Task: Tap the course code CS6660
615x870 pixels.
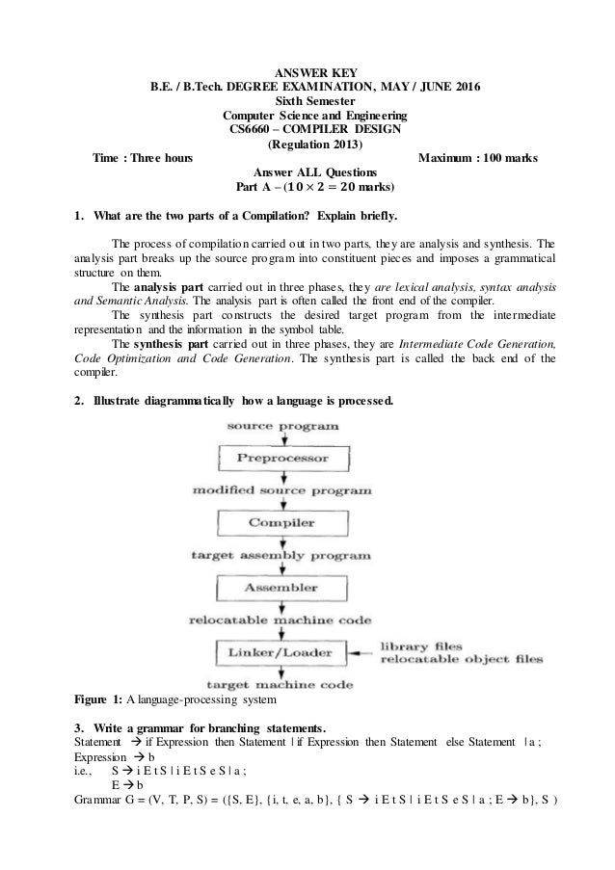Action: [x=250, y=129]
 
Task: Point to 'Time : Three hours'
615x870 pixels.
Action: [x=141, y=158]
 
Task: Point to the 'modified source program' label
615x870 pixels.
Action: [x=281, y=489]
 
